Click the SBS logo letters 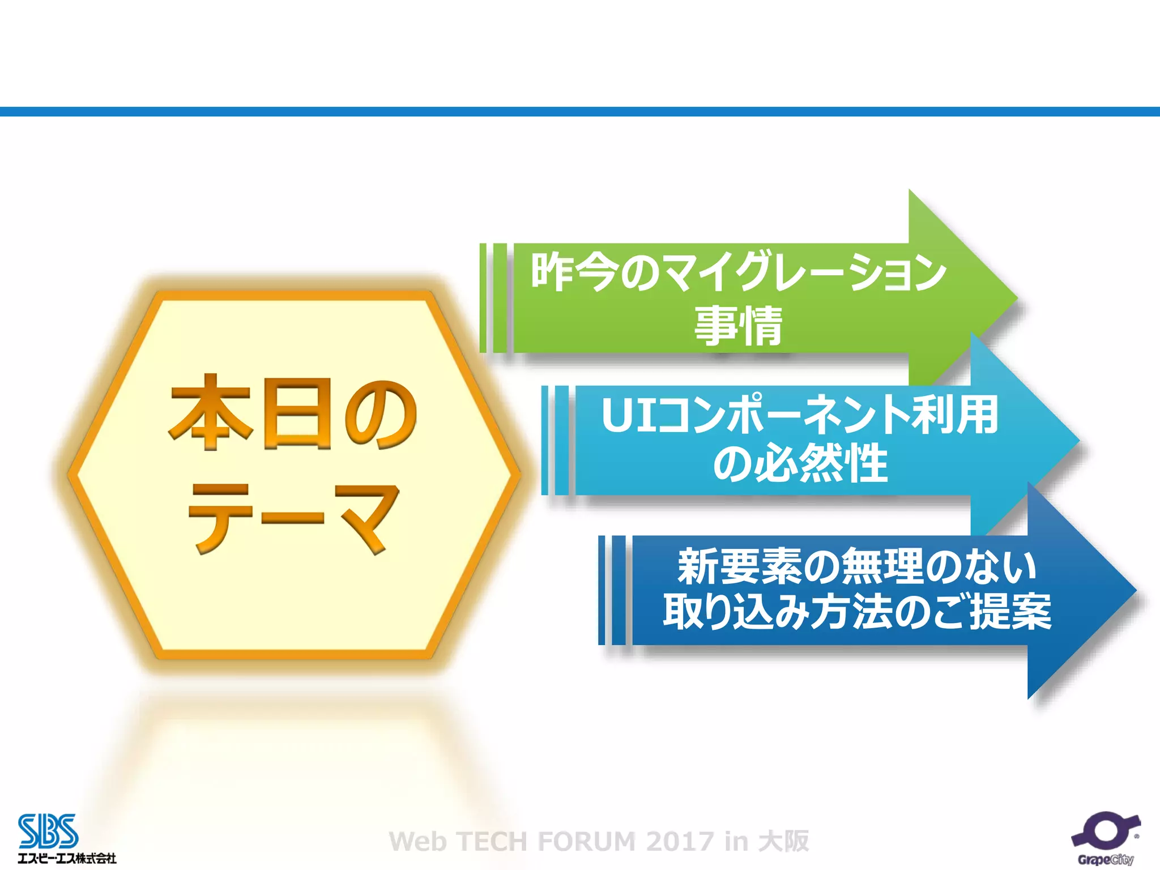point(48,831)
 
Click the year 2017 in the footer point(680,842)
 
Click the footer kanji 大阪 point(784,841)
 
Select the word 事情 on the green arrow point(739,325)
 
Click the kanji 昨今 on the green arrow point(573,272)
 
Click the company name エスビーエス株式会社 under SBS point(67,858)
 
